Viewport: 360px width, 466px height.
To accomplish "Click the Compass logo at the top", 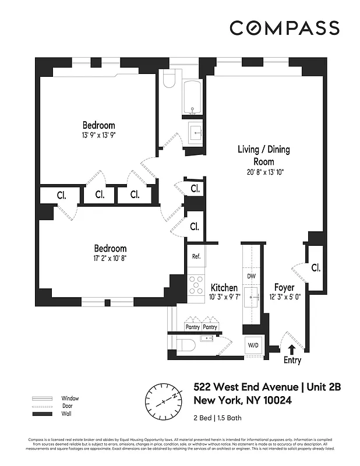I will [284, 27].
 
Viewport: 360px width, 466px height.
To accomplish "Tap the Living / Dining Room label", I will [263, 156].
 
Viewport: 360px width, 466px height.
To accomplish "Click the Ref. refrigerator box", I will [196, 256].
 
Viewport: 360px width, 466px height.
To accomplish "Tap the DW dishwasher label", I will [252, 276].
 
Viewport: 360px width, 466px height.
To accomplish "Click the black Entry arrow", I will [292, 348].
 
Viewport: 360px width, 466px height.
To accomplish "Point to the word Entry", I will [292, 361].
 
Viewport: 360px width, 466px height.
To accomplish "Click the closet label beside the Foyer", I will [316, 268].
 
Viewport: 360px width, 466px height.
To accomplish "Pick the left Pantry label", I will [192, 327].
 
